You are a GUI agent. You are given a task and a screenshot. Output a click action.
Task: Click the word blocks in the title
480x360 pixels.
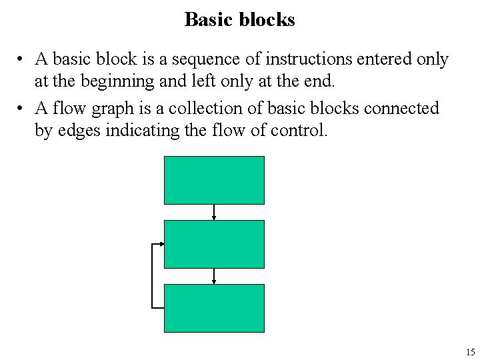[x=265, y=20]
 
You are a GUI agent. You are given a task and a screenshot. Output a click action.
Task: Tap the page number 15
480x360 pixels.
[x=471, y=352]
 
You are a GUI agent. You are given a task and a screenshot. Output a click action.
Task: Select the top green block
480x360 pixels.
[x=214, y=180]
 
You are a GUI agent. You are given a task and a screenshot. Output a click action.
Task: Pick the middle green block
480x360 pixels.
[x=214, y=244]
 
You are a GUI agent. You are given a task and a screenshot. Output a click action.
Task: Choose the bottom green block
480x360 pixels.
[x=214, y=308]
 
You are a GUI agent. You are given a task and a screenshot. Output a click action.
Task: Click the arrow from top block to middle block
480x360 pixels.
[x=214, y=212]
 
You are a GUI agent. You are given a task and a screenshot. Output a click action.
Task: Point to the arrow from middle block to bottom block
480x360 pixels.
[x=214, y=276]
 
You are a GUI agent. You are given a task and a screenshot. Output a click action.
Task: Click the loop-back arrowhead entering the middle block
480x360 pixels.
[x=161, y=244]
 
